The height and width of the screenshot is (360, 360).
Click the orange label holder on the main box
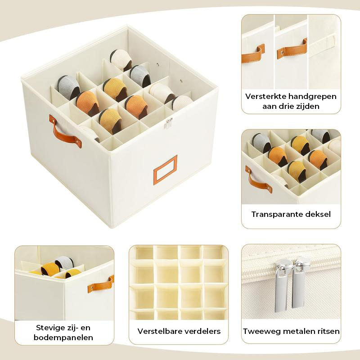pyautogui.click(x=165, y=170)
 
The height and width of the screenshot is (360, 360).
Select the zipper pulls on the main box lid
pyautogui.click(x=169, y=123)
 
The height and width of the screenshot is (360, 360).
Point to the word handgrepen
pyautogui.click(x=312, y=97)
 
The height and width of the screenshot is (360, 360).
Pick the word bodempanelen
pyautogui.click(x=63, y=337)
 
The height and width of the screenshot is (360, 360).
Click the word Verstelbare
pyautogui.click(x=160, y=331)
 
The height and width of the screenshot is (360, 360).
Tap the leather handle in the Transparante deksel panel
pyautogui.click(x=258, y=180)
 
